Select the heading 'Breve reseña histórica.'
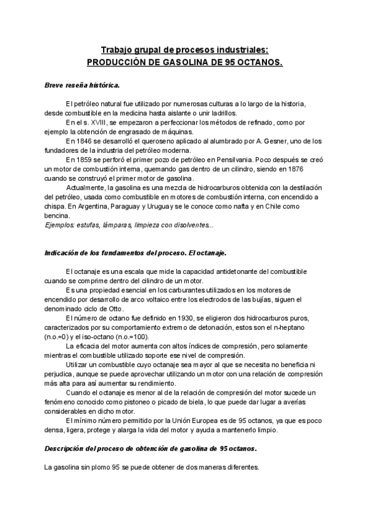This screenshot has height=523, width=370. [83, 84]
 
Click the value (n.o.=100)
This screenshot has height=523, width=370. [128, 337]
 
